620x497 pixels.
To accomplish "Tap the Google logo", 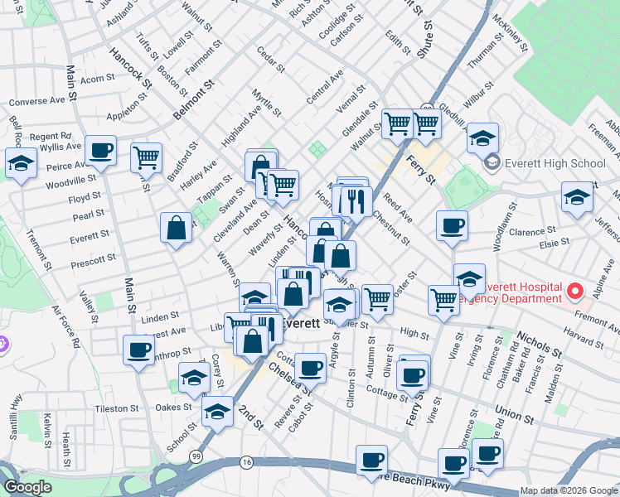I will (27, 487).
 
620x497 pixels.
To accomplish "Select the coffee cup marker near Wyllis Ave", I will (101, 151).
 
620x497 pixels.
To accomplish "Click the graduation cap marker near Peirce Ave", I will (21, 162).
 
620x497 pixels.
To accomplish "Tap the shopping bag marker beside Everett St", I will (177, 228).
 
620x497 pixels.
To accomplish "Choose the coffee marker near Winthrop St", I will (138, 349).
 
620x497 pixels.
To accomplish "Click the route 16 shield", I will (246, 461).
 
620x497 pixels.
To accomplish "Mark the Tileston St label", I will (116, 408).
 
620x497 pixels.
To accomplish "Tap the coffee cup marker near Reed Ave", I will (452, 225).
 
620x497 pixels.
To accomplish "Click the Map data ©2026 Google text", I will (569, 490).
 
